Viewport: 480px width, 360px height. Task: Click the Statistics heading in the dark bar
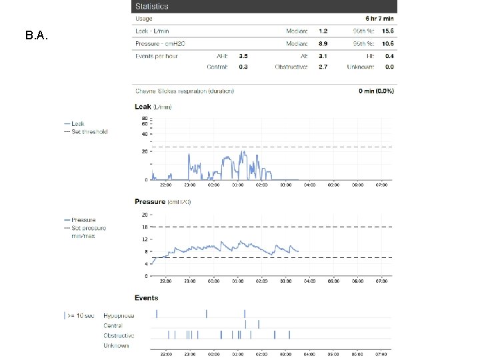coord(152,7)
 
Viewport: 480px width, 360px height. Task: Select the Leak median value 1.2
coord(323,31)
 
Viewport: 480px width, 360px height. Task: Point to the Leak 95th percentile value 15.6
coord(387,31)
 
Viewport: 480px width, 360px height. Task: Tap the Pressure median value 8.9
coord(323,43)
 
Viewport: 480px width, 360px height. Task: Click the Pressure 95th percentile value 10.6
coord(387,43)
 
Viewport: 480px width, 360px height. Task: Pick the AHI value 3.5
coord(243,56)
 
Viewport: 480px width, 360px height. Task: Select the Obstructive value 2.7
coord(323,67)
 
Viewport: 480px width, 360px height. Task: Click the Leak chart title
coord(153,107)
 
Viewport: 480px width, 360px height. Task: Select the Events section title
coord(147,297)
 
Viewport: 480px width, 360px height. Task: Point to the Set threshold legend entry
coord(89,131)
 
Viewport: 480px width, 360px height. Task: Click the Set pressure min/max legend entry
coord(89,231)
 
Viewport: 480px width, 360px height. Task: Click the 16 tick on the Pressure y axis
coord(145,227)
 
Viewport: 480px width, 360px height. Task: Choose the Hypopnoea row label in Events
coord(119,315)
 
